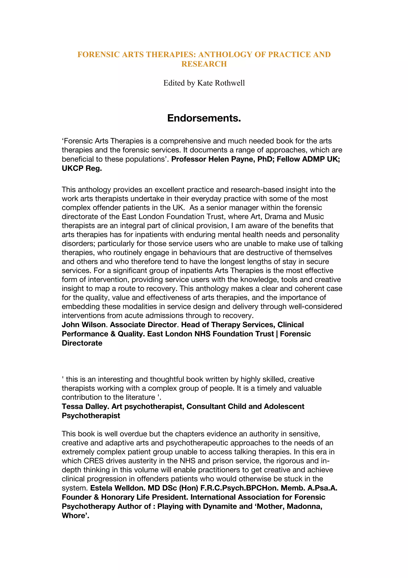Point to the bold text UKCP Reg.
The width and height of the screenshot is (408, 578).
[82, 168]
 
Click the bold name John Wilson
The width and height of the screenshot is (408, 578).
[83, 325]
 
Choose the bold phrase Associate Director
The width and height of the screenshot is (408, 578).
[144, 325]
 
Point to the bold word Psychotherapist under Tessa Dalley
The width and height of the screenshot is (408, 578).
[91, 415]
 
